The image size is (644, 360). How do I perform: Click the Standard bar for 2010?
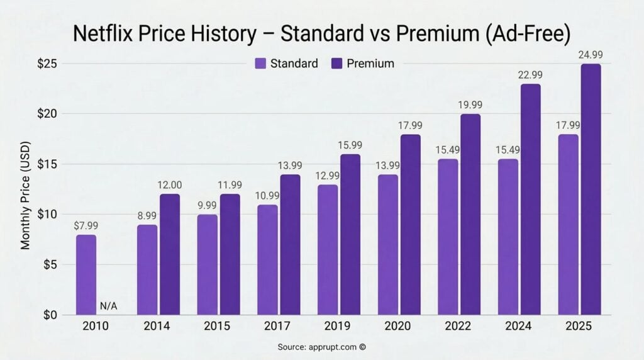coord(86,274)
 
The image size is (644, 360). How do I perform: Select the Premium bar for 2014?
coord(169,254)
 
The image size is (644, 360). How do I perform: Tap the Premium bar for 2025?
coord(591,189)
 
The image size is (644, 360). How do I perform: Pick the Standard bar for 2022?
coord(448,237)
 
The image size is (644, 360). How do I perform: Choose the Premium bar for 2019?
coord(350,234)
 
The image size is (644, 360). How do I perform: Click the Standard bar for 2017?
coord(267,259)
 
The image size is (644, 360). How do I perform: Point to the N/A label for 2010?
coord(109,307)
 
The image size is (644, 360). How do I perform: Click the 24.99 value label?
coord(591,56)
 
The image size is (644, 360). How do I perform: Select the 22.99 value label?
coord(531,76)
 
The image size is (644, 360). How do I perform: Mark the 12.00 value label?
coord(169,186)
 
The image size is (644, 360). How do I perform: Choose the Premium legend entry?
coord(364,64)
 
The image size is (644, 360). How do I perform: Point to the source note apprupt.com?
coord(321,347)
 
